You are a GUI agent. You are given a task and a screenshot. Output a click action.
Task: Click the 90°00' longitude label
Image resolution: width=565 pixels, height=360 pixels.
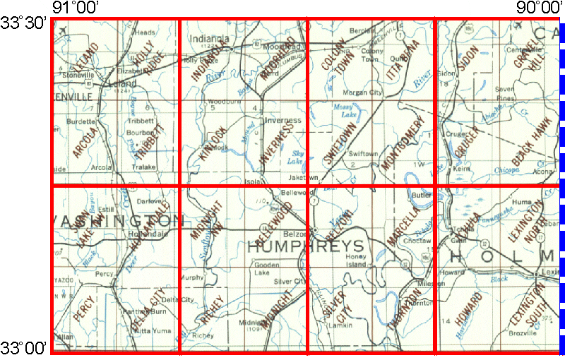tap(534, 7)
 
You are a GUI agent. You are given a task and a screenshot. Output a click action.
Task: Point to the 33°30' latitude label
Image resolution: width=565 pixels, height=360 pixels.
tap(25, 23)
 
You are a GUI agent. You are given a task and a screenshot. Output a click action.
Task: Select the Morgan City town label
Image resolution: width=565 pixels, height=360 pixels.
tap(362, 92)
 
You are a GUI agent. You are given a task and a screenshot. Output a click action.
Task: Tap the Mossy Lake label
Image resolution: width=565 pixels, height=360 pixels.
tap(345, 109)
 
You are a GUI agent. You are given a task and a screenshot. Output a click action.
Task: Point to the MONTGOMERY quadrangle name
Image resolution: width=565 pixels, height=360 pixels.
tap(404, 143)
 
